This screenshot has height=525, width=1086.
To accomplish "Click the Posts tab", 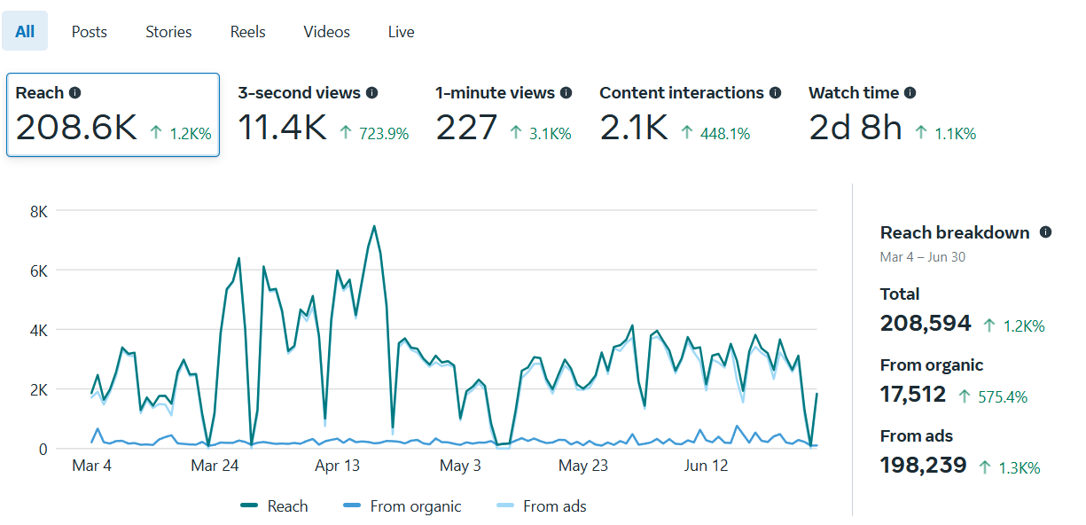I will (89, 32).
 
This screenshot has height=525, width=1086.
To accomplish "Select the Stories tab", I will (168, 32).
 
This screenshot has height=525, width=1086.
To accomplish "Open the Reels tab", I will (247, 32).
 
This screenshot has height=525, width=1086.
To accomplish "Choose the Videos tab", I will (326, 32).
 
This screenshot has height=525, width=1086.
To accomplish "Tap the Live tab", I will (401, 32).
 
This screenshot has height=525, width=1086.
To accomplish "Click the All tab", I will (25, 32).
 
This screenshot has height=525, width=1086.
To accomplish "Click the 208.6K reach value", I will (76, 129).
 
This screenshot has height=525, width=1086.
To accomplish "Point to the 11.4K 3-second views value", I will (282, 129).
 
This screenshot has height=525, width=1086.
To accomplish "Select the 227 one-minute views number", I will (466, 129).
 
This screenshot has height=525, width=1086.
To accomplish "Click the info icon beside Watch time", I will (910, 92).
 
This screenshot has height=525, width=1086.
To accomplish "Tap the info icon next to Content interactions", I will (776, 92).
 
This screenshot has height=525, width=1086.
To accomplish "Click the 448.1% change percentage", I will (726, 134).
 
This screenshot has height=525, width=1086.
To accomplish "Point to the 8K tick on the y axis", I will (38, 211).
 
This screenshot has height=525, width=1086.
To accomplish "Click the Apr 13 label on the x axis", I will (338, 466).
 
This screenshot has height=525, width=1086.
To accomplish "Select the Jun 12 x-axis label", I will (707, 466).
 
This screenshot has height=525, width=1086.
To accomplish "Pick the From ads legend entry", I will (542, 506).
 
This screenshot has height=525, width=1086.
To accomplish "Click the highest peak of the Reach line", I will (374, 226).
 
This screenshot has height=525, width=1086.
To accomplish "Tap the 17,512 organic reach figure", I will (913, 395).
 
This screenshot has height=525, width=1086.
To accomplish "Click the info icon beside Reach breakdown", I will (1045, 232).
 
